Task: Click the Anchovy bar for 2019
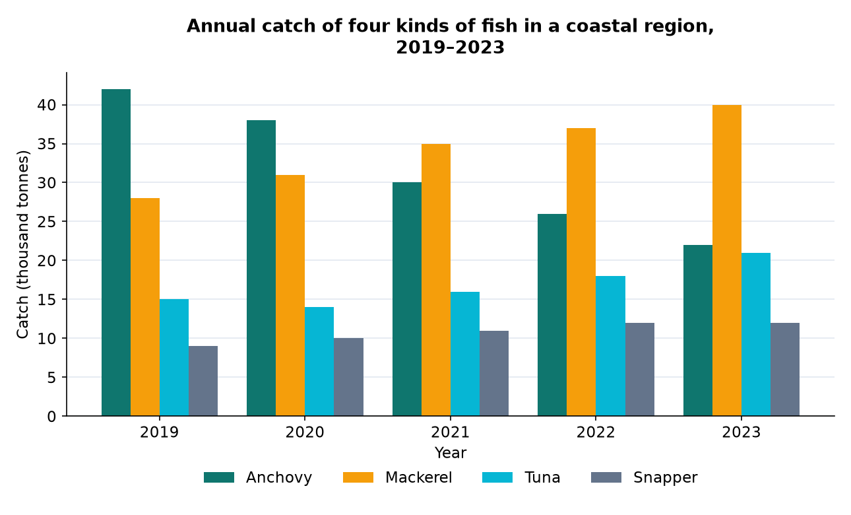[x=116, y=253]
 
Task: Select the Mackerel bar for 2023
[x=727, y=261]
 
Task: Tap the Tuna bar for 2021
[x=465, y=354]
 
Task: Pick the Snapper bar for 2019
[x=203, y=381]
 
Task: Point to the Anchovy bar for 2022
[x=552, y=315]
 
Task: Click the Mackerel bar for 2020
[x=290, y=296]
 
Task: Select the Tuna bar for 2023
[x=756, y=334]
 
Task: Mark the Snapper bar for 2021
[x=494, y=374]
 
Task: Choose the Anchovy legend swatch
[x=219, y=477]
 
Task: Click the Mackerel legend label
[x=419, y=477]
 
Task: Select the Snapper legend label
[x=666, y=477]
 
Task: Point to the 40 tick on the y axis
[x=64, y=105]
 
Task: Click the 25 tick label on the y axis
[x=47, y=221]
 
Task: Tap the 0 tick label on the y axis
[x=51, y=417]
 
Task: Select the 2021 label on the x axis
[x=450, y=432]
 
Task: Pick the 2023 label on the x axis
[x=741, y=432]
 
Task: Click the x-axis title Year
[x=450, y=453]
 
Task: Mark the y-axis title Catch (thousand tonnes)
[x=23, y=244]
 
